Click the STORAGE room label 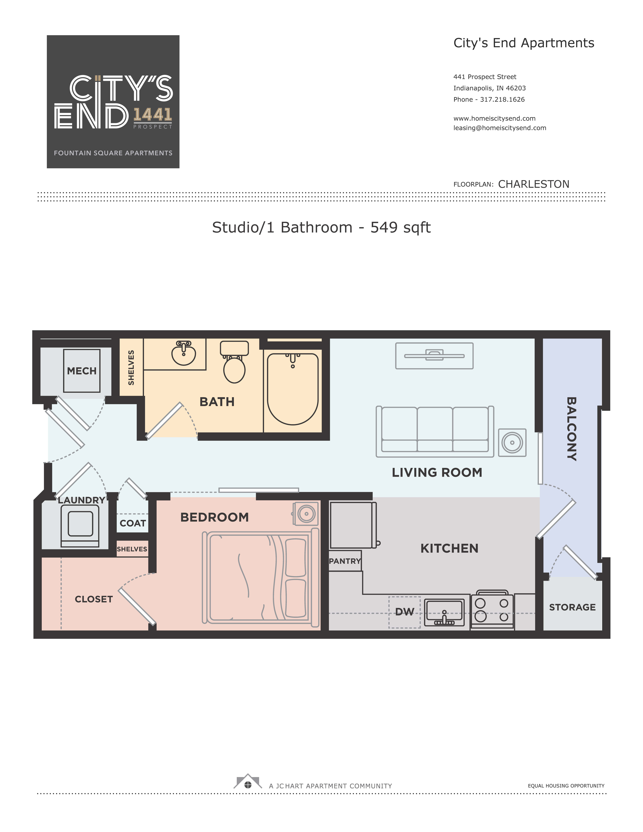tap(572, 607)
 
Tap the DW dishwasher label tap(404, 612)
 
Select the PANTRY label tap(345, 561)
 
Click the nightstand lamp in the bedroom tap(306, 514)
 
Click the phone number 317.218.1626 tap(502, 100)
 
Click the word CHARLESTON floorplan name tap(534, 184)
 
